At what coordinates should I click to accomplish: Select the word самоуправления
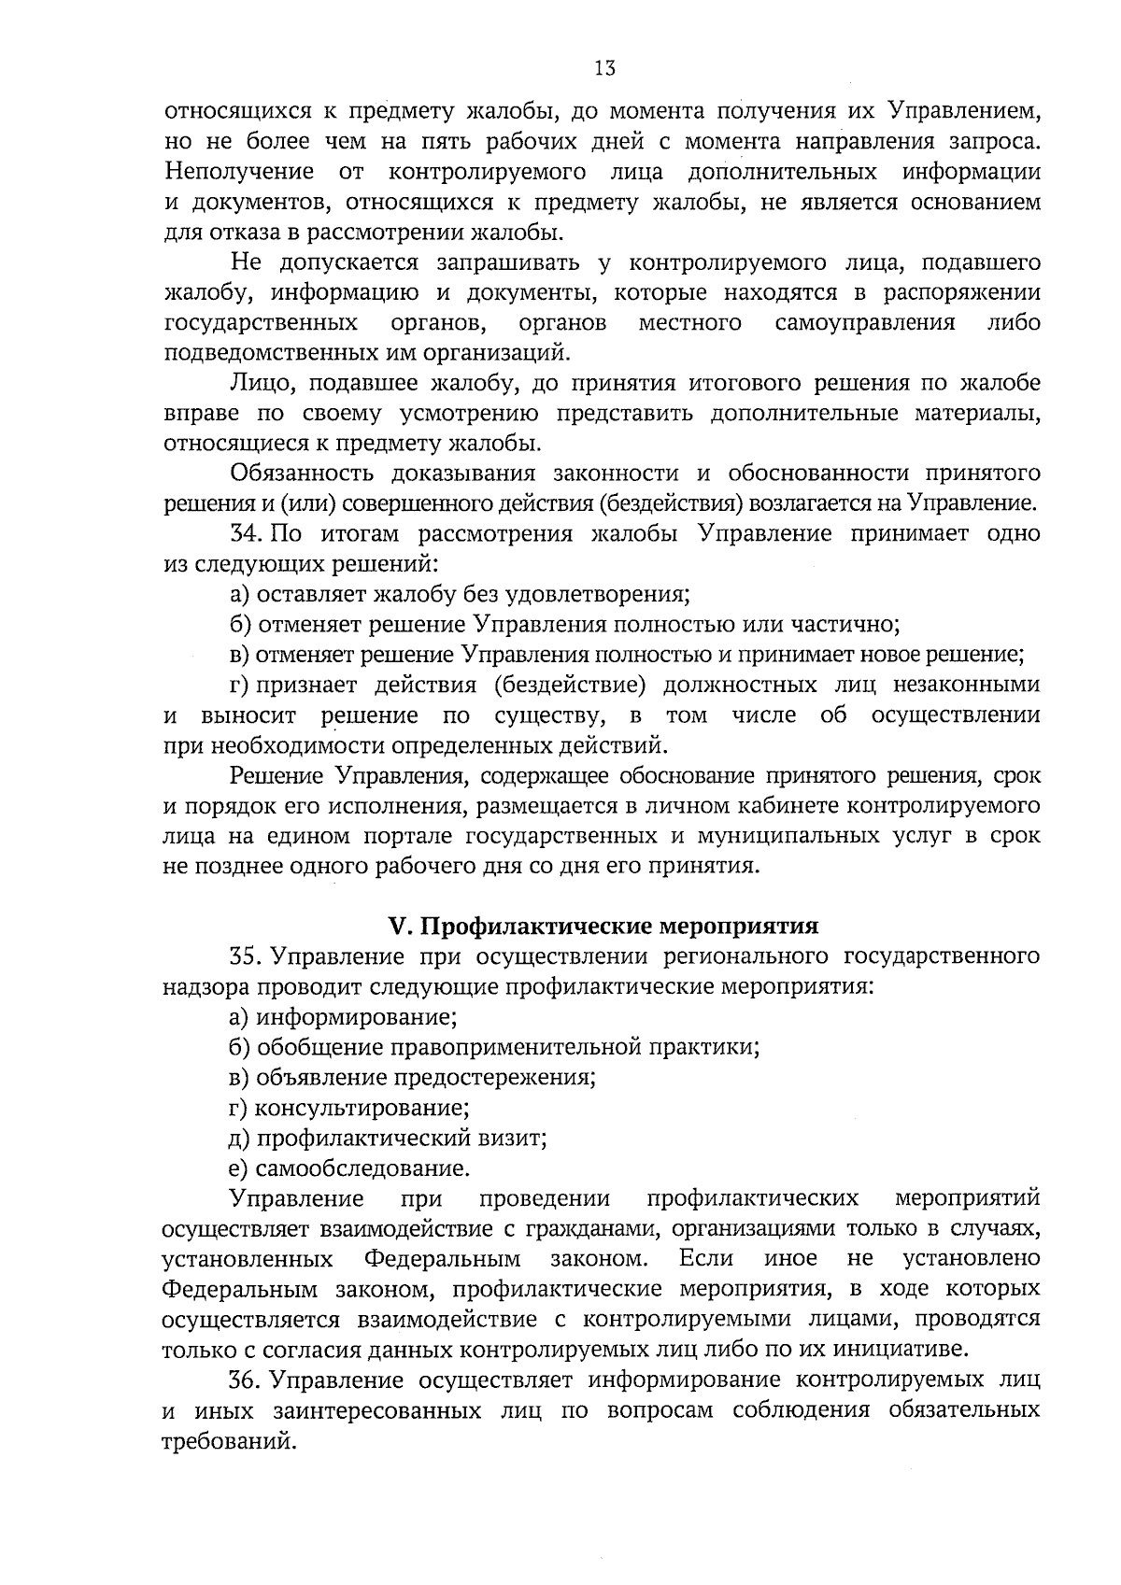[865, 323]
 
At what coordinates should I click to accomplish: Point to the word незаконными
[966, 685]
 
